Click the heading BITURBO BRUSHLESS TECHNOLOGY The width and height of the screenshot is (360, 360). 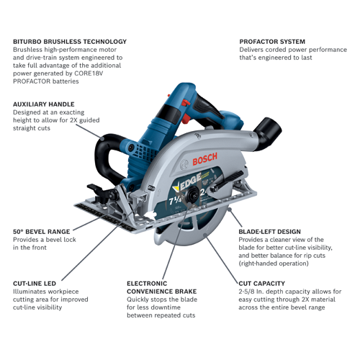(x=70, y=42)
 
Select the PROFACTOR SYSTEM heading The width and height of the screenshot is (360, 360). (x=272, y=42)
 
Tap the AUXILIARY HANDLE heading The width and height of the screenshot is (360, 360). (x=44, y=104)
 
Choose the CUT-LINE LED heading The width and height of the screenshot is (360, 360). (x=35, y=284)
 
